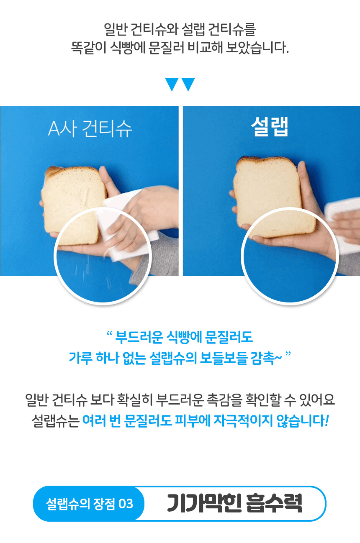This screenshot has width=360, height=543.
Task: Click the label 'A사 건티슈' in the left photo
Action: coord(90,129)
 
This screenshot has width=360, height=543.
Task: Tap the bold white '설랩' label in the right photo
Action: coord(270,126)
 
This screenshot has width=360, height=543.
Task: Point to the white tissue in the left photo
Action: coord(129,225)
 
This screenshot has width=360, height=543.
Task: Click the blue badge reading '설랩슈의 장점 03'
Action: coord(89,504)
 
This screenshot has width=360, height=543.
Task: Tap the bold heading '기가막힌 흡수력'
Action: coord(234,503)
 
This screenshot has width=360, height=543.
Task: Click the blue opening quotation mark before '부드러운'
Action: coord(109,333)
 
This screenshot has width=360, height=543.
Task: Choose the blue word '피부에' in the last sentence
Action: coord(193,420)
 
